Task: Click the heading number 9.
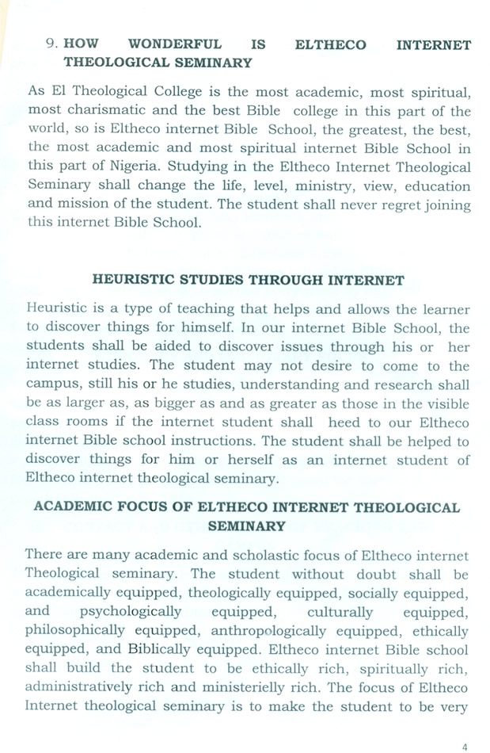[x=51, y=45]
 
